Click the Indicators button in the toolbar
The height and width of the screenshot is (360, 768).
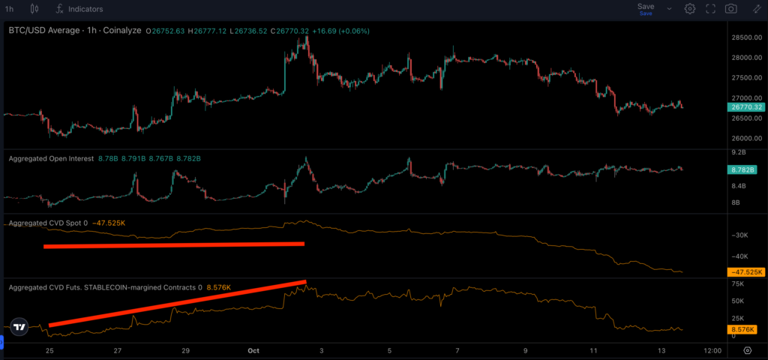[x=79, y=9]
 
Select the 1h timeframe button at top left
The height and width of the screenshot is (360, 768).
[x=9, y=9]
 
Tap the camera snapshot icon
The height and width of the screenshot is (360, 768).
[x=730, y=9]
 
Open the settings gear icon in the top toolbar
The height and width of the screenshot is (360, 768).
[x=689, y=9]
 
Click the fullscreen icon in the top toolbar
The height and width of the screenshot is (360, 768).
[x=710, y=9]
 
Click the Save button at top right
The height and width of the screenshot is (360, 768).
[x=645, y=7]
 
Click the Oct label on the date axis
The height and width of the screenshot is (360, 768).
[x=253, y=350]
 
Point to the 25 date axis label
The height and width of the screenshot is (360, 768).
[x=49, y=350]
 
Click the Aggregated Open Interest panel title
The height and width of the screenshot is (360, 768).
[x=51, y=159]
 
